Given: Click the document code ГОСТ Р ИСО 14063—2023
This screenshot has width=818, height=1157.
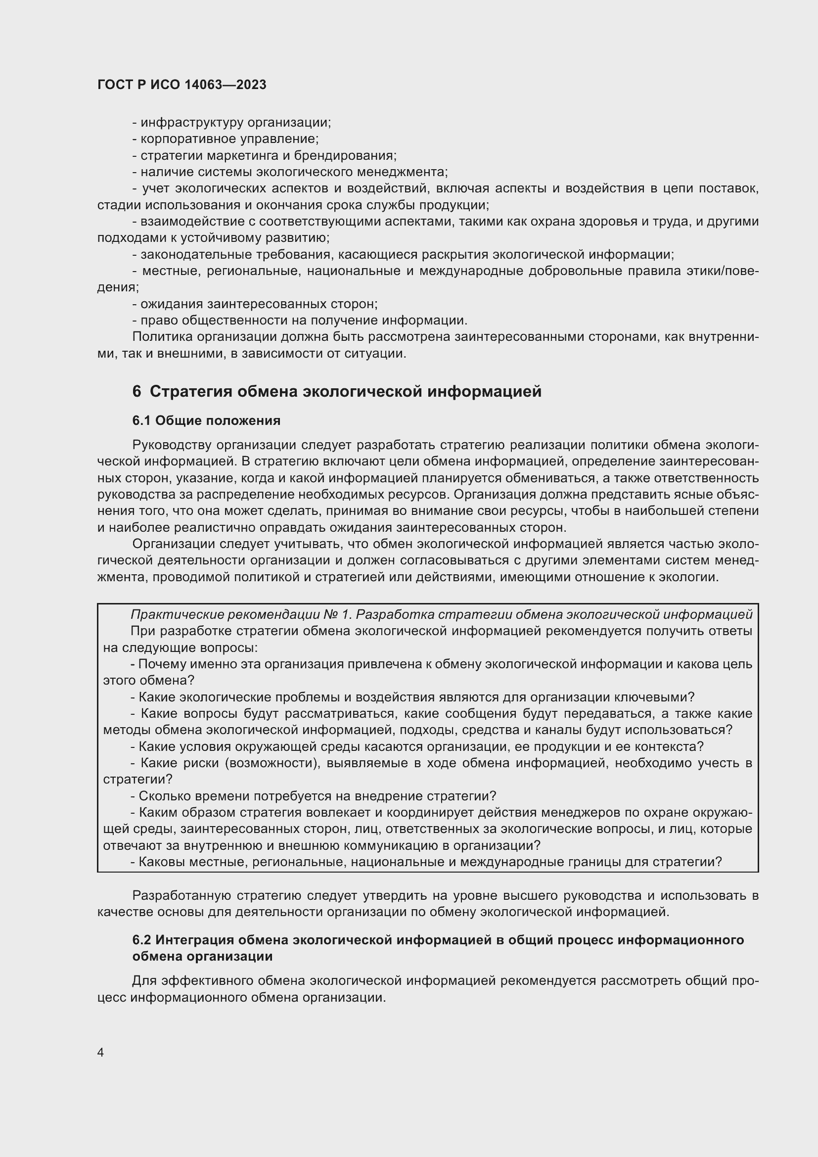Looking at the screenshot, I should [182, 85].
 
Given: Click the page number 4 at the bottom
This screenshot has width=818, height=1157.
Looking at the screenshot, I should [100, 1053].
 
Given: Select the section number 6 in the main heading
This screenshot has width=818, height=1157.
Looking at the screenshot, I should [136, 392].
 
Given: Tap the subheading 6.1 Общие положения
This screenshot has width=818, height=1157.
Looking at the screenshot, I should [206, 420].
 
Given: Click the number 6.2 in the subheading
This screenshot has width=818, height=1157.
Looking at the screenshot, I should [141, 940].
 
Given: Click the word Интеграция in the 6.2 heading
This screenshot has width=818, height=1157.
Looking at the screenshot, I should [193, 940].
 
